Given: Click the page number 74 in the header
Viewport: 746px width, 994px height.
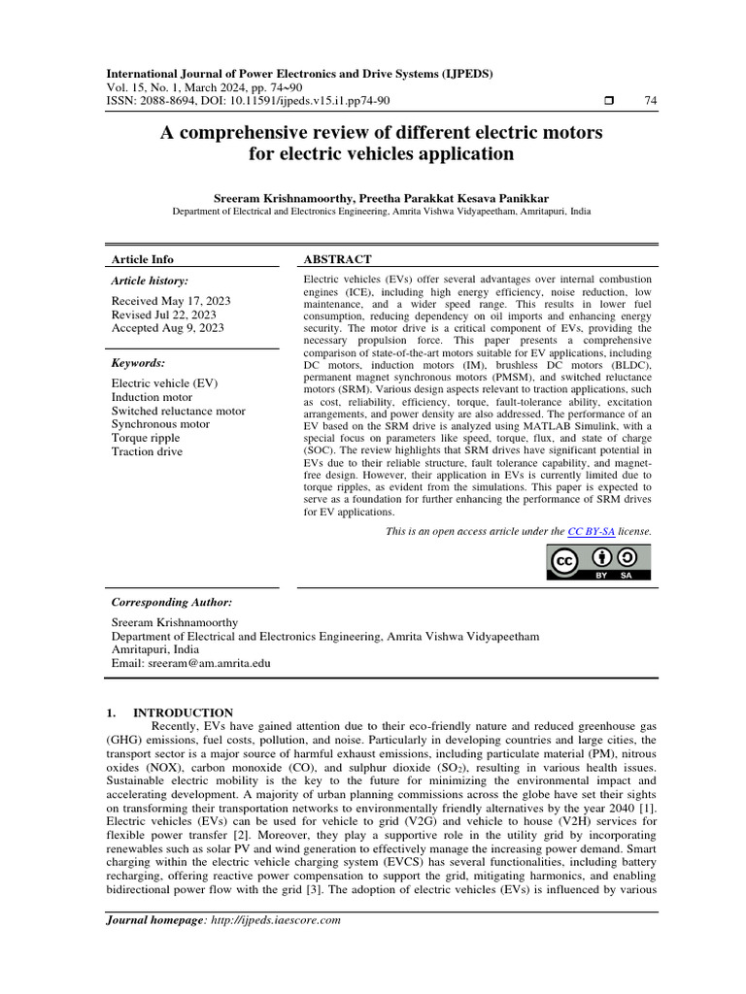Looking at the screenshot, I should pyautogui.click(x=650, y=101).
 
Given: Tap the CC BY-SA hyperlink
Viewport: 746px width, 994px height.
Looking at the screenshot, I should pyautogui.click(x=592, y=532).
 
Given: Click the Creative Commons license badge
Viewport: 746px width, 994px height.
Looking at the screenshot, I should pyautogui.click(x=599, y=562).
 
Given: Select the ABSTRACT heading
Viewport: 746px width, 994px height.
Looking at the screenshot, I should pyautogui.click(x=337, y=259).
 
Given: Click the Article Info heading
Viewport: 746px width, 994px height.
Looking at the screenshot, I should pyautogui.click(x=143, y=259).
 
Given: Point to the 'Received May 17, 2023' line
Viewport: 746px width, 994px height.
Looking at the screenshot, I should pyautogui.click(x=167, y=301).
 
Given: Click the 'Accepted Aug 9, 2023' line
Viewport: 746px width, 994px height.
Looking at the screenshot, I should pyautogui.click(x=167, y=328).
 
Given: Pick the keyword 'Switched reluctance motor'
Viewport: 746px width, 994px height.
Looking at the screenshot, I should pyautogui.click(x=178, y=411).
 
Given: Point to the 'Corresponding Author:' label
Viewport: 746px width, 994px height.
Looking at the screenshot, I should pyautogui.click(x=172, y=602).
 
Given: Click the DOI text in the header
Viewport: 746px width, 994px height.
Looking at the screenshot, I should pyautogui.click(x=289, y=101).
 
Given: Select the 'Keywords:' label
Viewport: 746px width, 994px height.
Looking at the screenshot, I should pyautogui.click(x=139, y=362).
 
